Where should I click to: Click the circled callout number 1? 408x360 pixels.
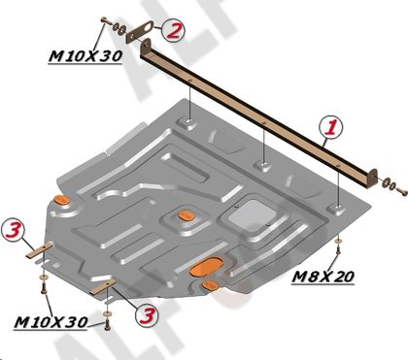(x=330, y=127)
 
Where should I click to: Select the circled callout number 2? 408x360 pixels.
(x=173, y=31)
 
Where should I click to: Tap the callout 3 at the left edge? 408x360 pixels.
(x=13, y=229)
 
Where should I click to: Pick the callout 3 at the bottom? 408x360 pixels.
(x=148, y=315)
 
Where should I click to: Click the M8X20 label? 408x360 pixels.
(x=323, y=277)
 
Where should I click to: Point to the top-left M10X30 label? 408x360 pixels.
(x=85, y=56)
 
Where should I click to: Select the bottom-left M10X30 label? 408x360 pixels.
(x=51, y=322)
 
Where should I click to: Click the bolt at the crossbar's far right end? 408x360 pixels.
(x=401, y=191)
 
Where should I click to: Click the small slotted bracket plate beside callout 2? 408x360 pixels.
(x=140, y=31)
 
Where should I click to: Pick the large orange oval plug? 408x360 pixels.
(x=206, y=267)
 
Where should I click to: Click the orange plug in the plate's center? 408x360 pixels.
(x=186, y=215)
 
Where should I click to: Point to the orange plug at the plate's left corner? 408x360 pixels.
(x=61, y=200)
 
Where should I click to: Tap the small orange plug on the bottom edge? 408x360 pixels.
(x=210, y=285)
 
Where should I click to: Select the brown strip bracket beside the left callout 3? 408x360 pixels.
(x=40, y=250)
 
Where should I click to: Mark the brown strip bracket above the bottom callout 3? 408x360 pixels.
(x=103, y=287)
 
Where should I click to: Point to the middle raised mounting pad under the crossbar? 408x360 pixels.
(x=263, y=165)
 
